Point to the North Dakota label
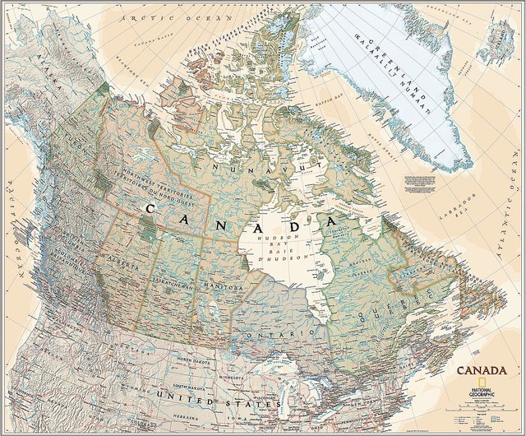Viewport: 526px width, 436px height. tap(189, 361)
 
